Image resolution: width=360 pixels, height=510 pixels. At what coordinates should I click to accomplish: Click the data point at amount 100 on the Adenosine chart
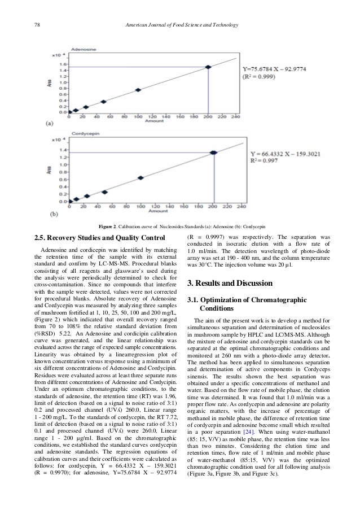(x=138, y=90)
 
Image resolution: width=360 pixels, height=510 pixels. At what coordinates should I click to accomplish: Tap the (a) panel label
(x=50, y=123)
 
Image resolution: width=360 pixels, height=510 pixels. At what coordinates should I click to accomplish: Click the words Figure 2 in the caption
(x=108, y=226)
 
